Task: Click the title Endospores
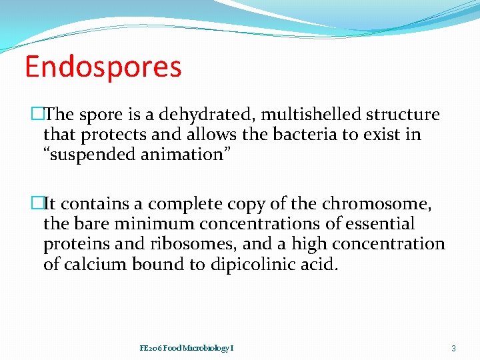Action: click(x=103, y=67)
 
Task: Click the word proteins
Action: click(x=73, y=245)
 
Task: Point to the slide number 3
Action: click(x=453, y=348)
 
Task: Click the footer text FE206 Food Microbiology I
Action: click(x=187, y=348)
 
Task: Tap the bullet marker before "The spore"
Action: click(x=37, y=115)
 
